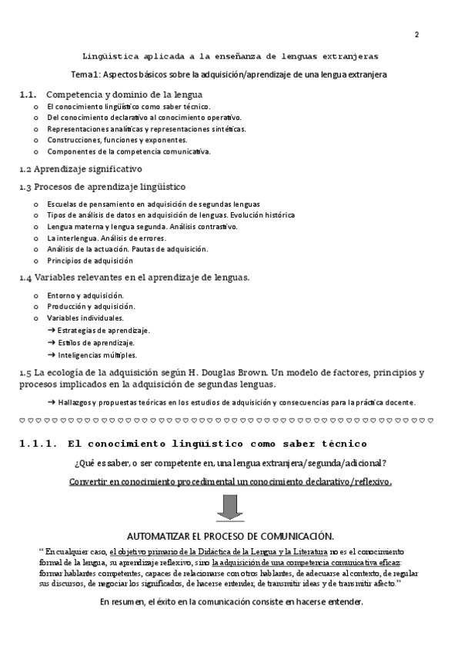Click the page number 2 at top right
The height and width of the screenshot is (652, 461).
point(416,35)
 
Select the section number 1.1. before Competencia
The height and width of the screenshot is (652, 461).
point(28,94)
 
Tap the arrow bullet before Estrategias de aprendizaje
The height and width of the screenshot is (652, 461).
point(51,331)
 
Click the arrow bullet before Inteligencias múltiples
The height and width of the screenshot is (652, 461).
point(51,355)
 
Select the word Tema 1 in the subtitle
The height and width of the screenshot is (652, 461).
point(85,75)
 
